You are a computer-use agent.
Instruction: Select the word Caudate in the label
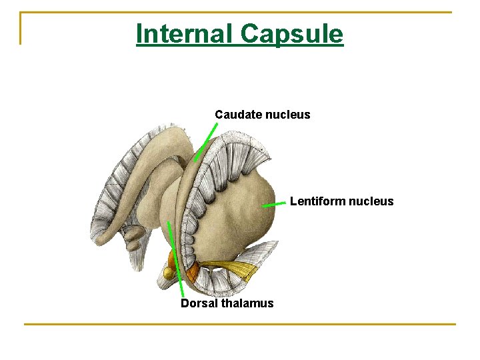click(238, 115)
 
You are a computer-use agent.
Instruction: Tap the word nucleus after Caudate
click(287, 115)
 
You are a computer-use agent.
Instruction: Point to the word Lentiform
click(317, 201)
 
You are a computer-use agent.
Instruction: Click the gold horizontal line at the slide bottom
click(240, 325)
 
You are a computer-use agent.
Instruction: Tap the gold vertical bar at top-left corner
click(21, 28)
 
